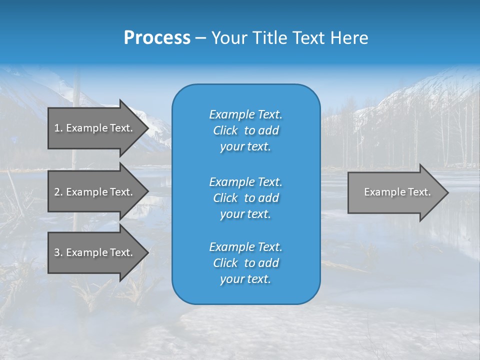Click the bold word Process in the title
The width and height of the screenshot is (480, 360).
click(x=157, y=38)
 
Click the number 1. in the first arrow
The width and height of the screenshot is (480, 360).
click(x=58, y=128)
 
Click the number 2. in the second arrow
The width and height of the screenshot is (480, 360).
click(x=58, y=192)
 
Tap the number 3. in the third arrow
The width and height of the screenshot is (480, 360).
click(x=58, y=252)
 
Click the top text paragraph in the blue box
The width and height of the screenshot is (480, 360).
click(x=245, y=130)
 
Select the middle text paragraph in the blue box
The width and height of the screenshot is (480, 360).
click(x=245, y=198)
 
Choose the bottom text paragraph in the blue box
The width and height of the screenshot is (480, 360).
click(x=245, y=263)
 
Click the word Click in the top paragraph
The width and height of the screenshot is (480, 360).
click(x=225, y=130)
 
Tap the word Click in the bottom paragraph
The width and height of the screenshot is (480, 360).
click(x=225, y=263)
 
